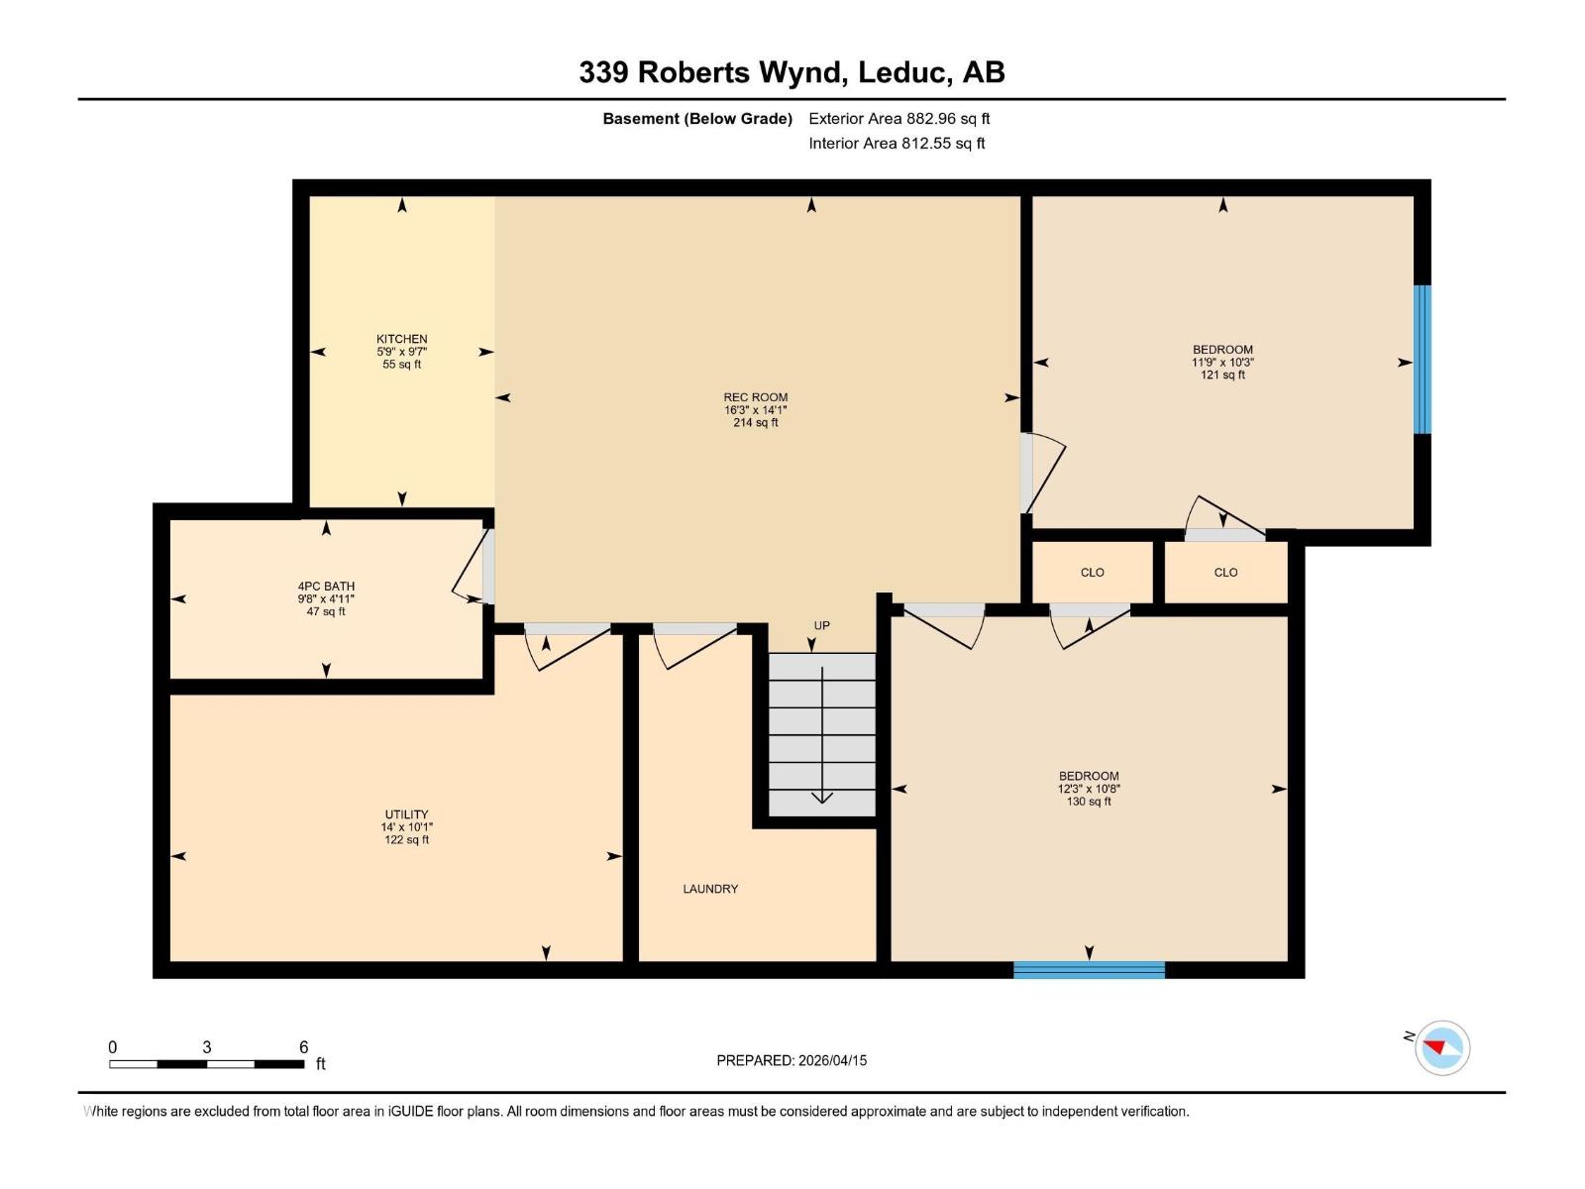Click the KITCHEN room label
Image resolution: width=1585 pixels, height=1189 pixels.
click(x=401, y=339)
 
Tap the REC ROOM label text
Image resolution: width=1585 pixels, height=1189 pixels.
click(x=755, y=397)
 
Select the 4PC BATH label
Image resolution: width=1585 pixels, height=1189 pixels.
click(x=326, y=587)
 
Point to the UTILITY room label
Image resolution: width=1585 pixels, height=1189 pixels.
click(x=406, y=814)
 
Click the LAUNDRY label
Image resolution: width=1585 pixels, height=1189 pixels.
click(x=710, y=889)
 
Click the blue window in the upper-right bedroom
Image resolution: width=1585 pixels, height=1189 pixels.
click(x=1422, y=360)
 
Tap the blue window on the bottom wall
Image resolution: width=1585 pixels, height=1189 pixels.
click(x=1089, y=969)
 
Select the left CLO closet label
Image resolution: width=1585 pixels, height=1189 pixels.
click(x=1092, y=573)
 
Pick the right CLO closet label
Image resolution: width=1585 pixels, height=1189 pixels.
click(x=1225, y=573)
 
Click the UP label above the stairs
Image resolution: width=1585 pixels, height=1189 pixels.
click(x=821, y=626)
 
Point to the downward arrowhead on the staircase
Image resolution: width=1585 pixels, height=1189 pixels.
click(x=822, y=798)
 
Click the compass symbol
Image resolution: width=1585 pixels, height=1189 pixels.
click(x=1442, y=1047)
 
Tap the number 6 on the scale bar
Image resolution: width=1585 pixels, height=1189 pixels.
click(x=304, y=1047)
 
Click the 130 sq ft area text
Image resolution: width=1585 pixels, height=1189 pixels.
click(x=1088, y=802)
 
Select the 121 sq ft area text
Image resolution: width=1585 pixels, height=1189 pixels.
click(x=1222, y=375)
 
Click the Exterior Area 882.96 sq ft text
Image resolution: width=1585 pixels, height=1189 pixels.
click(x=898, y=119)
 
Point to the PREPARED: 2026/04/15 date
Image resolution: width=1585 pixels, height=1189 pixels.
click(x=792, y=1060)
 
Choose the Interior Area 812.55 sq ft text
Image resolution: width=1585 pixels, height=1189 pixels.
click(x=897, y=144)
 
